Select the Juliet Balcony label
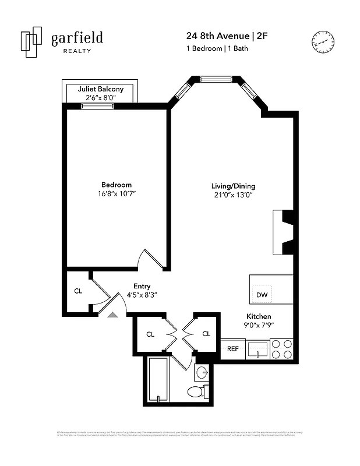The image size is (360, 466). [x=100, y=89]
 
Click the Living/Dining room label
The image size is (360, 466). [x=233, y=186]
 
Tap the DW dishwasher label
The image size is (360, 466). [x=262, y=295]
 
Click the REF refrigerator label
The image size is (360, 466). [x=232, y=349]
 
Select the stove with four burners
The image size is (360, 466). [x=282, y=349]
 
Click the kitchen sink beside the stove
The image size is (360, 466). [x=256, y=349]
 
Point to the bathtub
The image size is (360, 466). [x=158, y=379]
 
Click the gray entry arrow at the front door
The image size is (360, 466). [x=112, y=314]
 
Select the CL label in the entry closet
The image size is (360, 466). [x=77, y=291]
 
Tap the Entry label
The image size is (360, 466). [x=142, y=286]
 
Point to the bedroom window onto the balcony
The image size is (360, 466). [x=97, y=105]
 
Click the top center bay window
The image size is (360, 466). [x=216, y=79]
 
